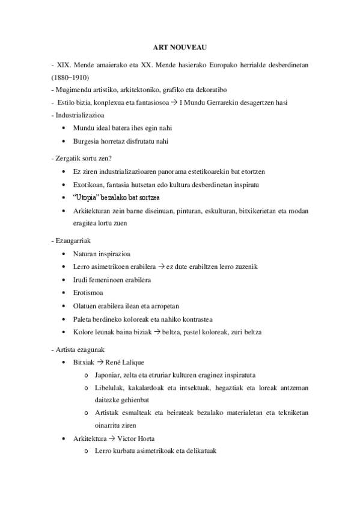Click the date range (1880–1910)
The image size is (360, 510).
click(x=69, y=77)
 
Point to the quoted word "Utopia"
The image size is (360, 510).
click(x=89, y=197)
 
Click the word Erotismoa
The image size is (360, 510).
click(x=88, y=293)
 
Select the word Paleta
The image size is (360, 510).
click(x=82, y=319)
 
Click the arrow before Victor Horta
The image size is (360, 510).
click(x=111, y=438)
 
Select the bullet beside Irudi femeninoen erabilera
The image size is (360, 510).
click(x=64, y=280)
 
